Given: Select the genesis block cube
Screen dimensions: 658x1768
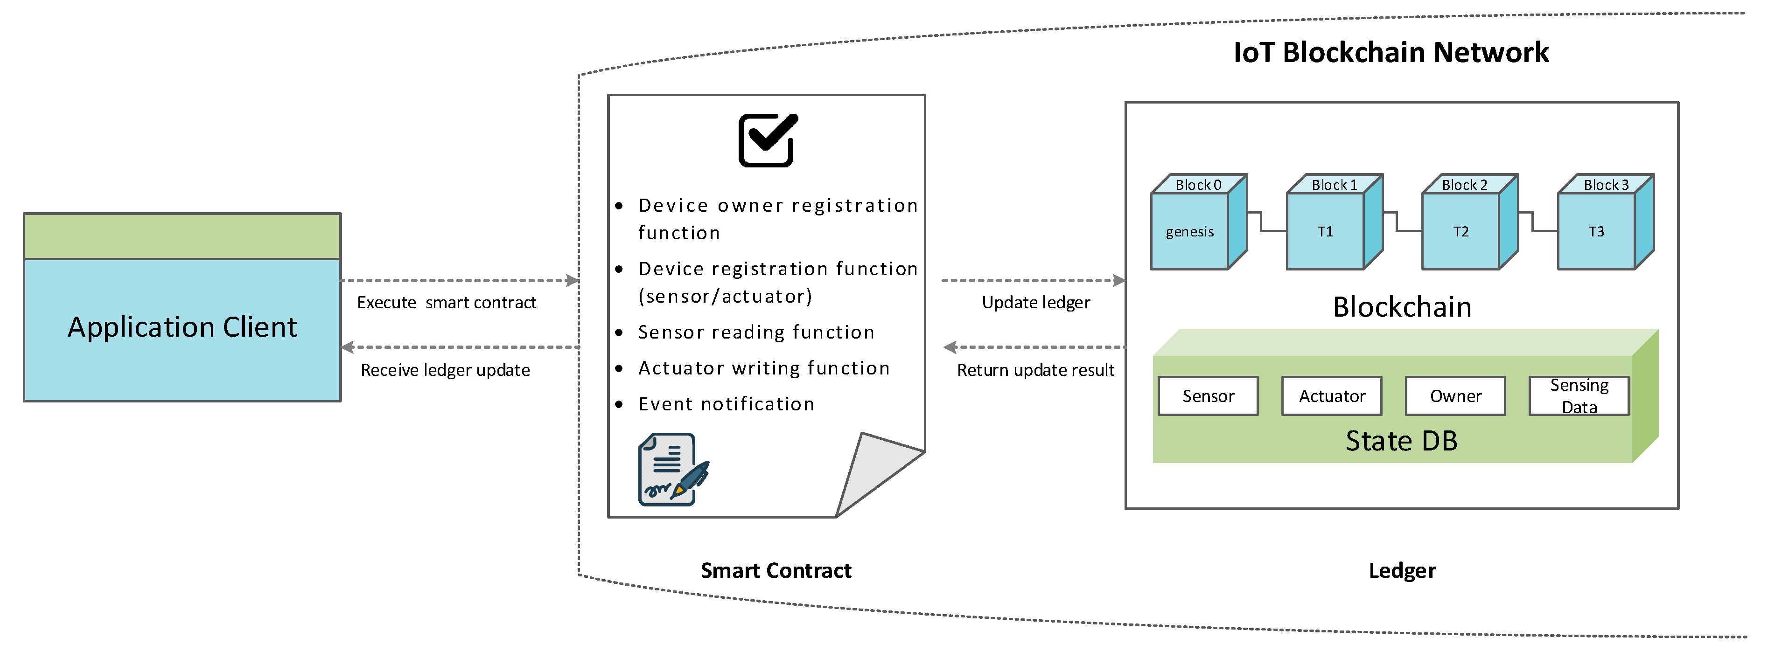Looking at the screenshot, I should coord(1190,231).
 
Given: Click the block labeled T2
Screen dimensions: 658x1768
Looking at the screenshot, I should coord(1461,231).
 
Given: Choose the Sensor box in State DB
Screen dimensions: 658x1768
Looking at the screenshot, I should coord(1208,396).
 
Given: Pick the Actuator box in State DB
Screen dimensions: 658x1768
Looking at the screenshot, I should coord(1332,396).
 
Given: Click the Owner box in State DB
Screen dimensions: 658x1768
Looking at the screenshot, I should coord(1455,396).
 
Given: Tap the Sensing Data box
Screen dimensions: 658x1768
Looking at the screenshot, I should coord(1579,396).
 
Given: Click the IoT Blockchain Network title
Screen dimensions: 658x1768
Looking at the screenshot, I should coord(1391,52).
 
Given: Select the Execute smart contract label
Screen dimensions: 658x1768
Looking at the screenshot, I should coord(446,303).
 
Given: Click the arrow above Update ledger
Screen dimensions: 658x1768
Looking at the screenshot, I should coord(1033,280).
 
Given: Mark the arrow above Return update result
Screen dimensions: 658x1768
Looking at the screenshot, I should coord(1034,347).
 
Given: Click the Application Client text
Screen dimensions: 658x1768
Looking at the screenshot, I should coord(182,327).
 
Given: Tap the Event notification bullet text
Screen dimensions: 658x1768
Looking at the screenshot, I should coord(726,404).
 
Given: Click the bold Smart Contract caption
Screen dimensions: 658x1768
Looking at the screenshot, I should coord(776,570).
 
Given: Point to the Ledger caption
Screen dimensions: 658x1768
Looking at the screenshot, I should coord(1402,570).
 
